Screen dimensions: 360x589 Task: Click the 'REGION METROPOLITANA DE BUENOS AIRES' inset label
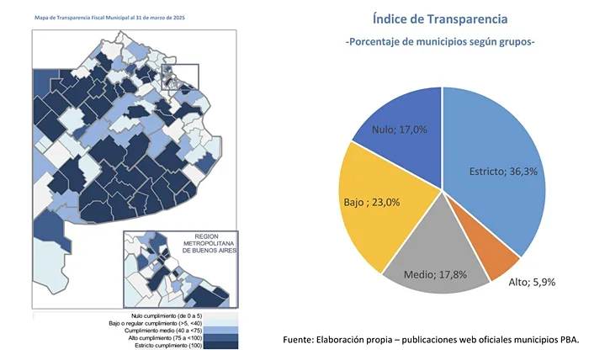tap(207, 244)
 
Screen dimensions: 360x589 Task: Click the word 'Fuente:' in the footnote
tap(303, 339)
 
